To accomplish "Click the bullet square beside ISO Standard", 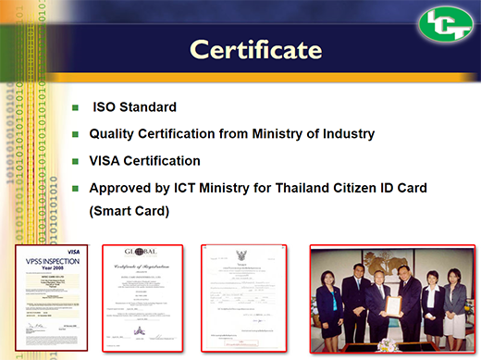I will coord(77,108).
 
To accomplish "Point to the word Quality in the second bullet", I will coord(114,134).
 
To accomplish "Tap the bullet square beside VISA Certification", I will coord(77,161).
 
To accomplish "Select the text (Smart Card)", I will coord(130,210).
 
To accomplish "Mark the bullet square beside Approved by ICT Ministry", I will coord(77,188).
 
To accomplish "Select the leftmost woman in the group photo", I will coord(329,310).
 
